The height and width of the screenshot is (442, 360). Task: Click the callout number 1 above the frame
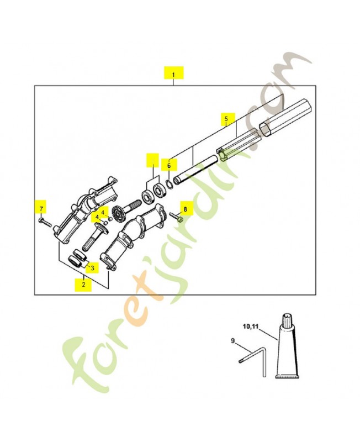pyautogui.click(x=173, y=73)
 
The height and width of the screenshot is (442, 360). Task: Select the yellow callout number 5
pyautogui.click(x=226, y=118)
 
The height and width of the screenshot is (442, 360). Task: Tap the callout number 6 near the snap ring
pyautogui.click(x=170, y=165)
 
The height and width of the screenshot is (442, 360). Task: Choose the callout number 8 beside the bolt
pyautogui.click(x=185, y=209)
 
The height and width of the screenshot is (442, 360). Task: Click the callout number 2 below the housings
pyautogui.click(x=83, y=285)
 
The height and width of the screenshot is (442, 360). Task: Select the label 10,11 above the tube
pyautogui.click(x=251, y=325)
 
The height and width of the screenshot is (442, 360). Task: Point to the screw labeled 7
pyautogui.click(x=45, y=223)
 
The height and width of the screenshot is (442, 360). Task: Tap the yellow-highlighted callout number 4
pyautogui.click(x=97, y=216)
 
